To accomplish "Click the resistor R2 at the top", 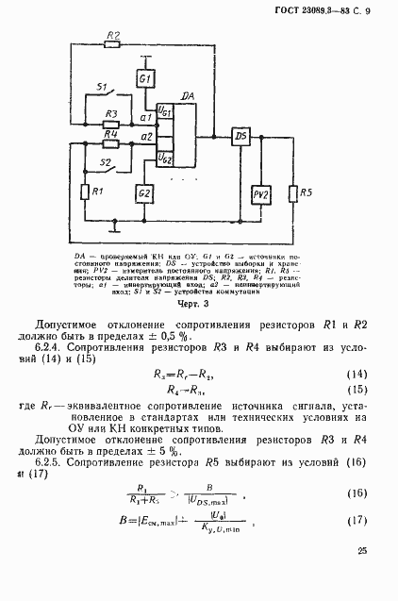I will pyautogui.click(x=113, y=44).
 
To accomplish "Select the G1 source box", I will pyautogui.click(x=145, y=80).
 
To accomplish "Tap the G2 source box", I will pyautogui.click(x=144, y=193).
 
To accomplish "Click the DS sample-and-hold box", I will pyautogui.click(x=240, y=136).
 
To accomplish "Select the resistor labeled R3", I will pyautogui.click(x=111, y=124).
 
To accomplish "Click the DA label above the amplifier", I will pyautogui.click(x=188, y=96).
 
